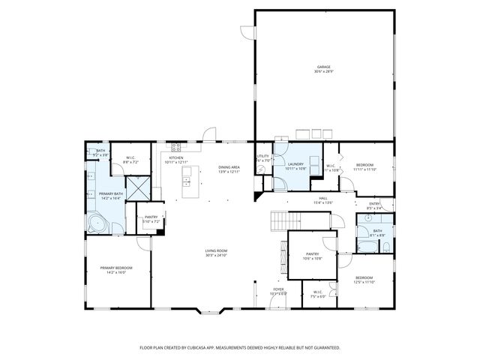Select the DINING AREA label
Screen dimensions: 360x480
click(229, 169)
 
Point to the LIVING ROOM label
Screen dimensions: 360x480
click(216, 253)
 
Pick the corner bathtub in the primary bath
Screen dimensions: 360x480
click(96, 224)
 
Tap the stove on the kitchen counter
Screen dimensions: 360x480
click(178, 146)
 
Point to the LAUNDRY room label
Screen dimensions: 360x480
click(295, 166)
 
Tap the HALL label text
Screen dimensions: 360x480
click(323, 199)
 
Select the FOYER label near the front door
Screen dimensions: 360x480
click(278, 290)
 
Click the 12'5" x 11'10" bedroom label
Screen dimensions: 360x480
click(365, 279)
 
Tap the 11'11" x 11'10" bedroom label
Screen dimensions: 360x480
click(364, 166)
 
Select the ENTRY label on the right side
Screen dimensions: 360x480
click(374, 205)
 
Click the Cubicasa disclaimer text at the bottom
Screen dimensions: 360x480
click(240, 347)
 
